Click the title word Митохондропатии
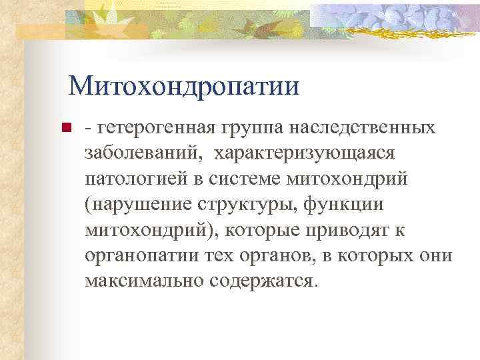[x=183, y=85]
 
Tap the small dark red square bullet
[x=65, y=129]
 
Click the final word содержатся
[x=260, y=280]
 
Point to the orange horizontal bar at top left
[x=47, y=31]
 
